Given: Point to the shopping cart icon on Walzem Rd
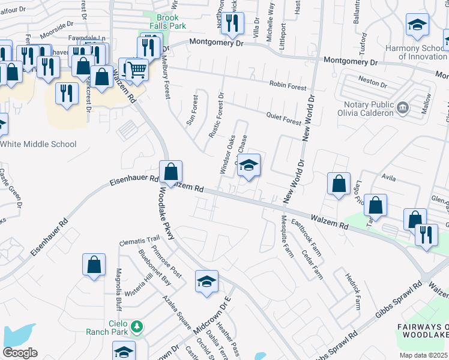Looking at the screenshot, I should coord(137,70).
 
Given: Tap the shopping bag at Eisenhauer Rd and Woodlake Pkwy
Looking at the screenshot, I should coord(171,172).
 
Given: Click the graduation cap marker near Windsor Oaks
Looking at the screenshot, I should coord(249,165).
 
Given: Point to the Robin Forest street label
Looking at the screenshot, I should coord(288,86).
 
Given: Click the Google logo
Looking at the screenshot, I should coord(20,353).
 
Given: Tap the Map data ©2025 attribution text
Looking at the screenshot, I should coord(424,355).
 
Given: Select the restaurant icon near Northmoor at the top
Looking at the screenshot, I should coord(231,23).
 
